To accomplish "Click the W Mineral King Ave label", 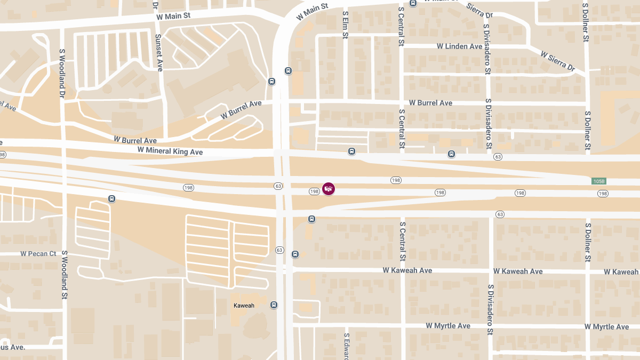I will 170,151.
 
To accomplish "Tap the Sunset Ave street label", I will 158,53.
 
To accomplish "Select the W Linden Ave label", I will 459,46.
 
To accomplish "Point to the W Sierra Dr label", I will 558,61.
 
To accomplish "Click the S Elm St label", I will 346,26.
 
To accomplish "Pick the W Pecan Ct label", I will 38,254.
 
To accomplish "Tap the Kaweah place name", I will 244,306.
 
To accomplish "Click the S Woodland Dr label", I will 62,74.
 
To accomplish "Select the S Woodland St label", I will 64,275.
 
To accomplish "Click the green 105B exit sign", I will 599,181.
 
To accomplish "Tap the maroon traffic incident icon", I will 329,189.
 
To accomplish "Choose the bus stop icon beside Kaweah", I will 274,305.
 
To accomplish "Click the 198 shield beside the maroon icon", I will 314,191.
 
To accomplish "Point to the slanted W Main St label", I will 313,11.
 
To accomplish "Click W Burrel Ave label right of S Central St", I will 430,103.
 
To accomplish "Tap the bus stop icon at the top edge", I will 413,3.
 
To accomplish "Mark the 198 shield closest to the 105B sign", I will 603,193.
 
